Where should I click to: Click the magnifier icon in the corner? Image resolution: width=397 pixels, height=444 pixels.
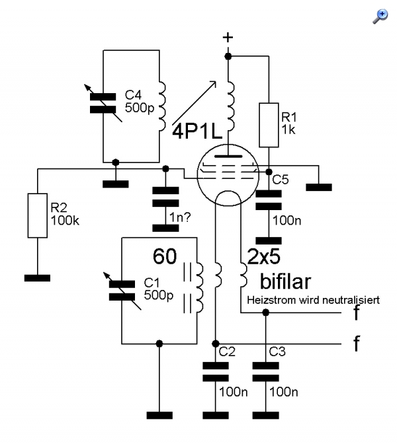(380, 17)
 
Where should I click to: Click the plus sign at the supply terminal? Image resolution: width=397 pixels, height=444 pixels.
(228, 38)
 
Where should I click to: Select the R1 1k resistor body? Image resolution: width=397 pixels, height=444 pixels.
(269, 125)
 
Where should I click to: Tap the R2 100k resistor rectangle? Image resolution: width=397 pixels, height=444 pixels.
(38, 215)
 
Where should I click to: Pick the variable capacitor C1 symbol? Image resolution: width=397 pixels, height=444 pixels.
(122, 291)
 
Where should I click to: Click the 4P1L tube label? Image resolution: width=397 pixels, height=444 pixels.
(197, 131)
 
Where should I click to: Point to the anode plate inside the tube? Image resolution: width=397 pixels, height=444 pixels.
(228, 156)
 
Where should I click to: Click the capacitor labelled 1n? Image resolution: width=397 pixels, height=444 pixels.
(165, 197)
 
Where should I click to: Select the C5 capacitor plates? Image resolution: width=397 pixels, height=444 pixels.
(269, 200)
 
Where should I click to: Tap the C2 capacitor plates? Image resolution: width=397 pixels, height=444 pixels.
(216, 372)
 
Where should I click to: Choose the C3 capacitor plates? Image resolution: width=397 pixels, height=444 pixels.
(266, 372)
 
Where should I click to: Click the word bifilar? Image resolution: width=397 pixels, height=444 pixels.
(285, 281)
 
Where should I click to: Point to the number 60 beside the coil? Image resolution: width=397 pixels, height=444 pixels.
(165, 256)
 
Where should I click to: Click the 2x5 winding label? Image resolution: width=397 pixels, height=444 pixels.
(264, 256)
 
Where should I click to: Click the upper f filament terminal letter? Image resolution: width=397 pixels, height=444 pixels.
(357, 312)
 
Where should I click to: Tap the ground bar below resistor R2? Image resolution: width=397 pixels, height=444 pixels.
(38, 277)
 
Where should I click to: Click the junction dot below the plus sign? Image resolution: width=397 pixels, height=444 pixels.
(228, 56)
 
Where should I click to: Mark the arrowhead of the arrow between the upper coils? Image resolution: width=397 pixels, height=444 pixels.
(213, 84)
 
